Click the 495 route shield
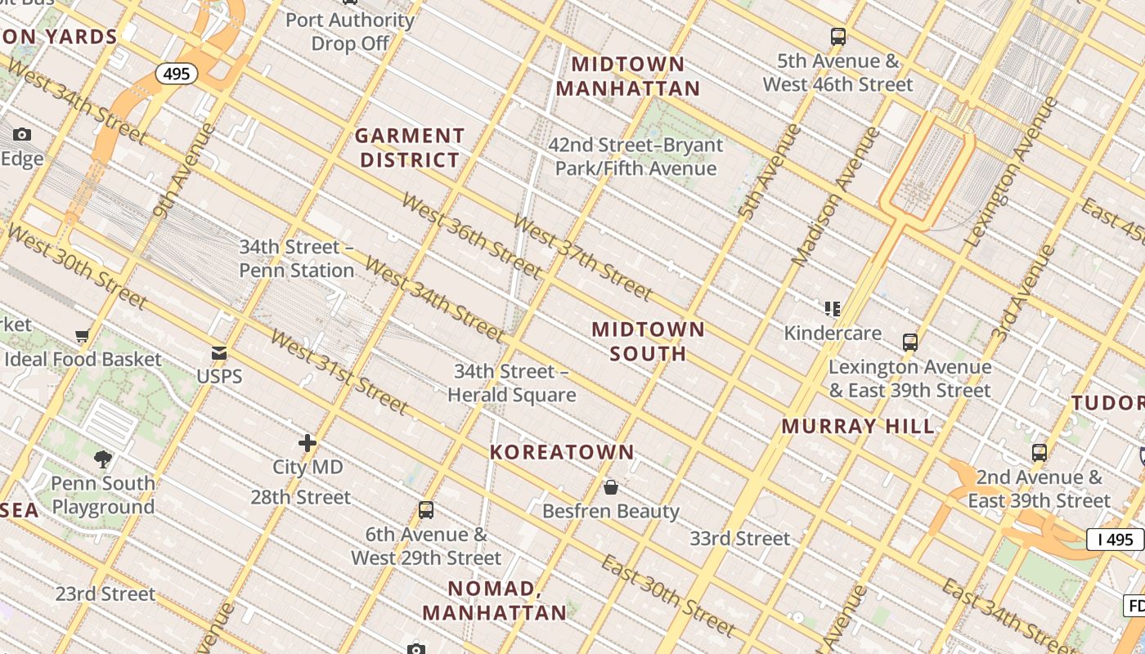(x=176, y=74)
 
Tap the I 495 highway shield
(x=1115, y=540)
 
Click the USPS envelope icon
(x=219, y=353)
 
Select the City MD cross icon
(x=308, y=443)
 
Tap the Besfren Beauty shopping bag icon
(x=611, y=488)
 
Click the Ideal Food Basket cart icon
(x=82, y=335)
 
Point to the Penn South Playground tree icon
(x=103, y=459)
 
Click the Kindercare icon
(x=833, y=309)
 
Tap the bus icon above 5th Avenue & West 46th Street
(x=838, y=37)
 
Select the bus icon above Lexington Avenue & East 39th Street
(x=910, y=343)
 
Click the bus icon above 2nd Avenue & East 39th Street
(x=1039, y=452)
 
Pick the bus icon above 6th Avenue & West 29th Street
(x=426, y=510)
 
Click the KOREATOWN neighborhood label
(x=562, y=451)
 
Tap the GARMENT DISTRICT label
(x=410, y=148)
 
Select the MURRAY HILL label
(x=858, y=426)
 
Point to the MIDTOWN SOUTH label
(x=648, y=341)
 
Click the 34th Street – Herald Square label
(x=512, y=383)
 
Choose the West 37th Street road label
(x=581, y=257)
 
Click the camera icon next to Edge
(x=22, y=135)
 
